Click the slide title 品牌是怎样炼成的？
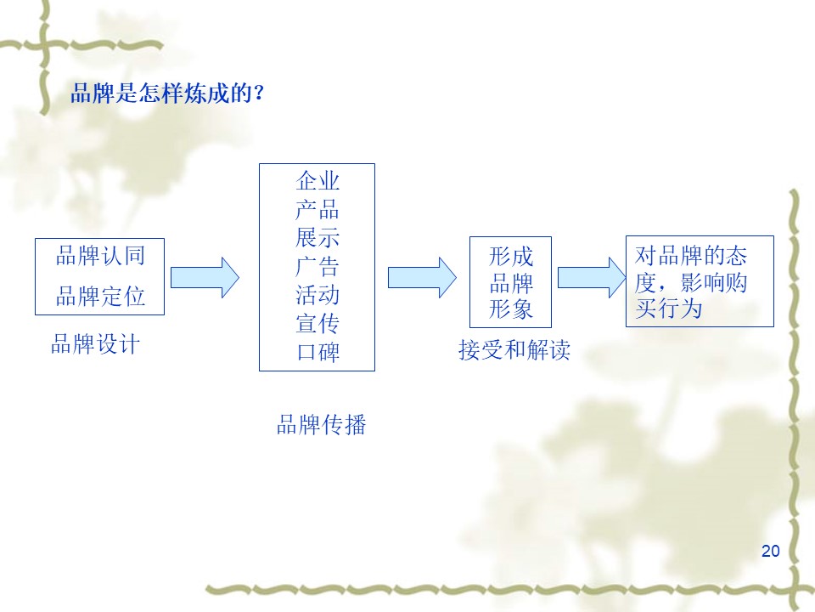tap(168, 93)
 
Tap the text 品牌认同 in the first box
tap(100, 255)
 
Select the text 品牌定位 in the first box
tap(100, 296)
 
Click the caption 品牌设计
tap(95, 344)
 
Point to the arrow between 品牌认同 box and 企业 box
tap(205, 278)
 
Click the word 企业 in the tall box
tap(318, 180)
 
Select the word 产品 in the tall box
tap(318, 209)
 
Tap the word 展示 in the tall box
tap(318, 238)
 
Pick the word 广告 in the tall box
tap(318, 267)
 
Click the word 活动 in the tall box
tap(318, 296)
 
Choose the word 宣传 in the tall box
tap(318, 324)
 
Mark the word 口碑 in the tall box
tap(318, 353)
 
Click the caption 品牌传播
tap(321, 424)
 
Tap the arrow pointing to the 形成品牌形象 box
tap(422, 278)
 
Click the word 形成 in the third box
tap(511, 256)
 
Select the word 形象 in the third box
tap(511, 309)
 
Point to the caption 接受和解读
tap(514, 349)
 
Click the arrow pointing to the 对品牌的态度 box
tap(590, 278)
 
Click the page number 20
tap(770, 551)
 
